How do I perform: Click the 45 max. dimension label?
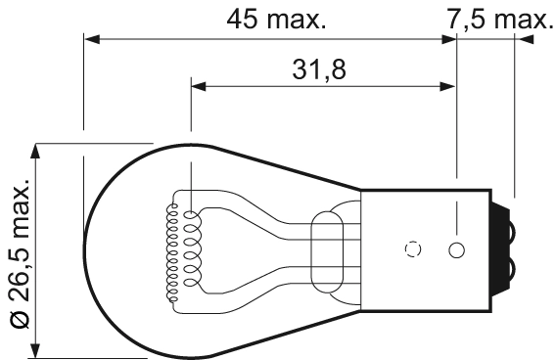pos(276,20)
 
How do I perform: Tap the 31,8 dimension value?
pos(319,69)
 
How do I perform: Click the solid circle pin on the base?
pos(456,250)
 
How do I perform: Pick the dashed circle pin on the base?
pos(413,248)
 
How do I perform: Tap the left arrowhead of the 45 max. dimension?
pos(92,39)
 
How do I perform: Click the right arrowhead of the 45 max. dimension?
pos(449,39)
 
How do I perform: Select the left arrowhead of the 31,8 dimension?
pos(199,86)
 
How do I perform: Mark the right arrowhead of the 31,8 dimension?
pos(447,86)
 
